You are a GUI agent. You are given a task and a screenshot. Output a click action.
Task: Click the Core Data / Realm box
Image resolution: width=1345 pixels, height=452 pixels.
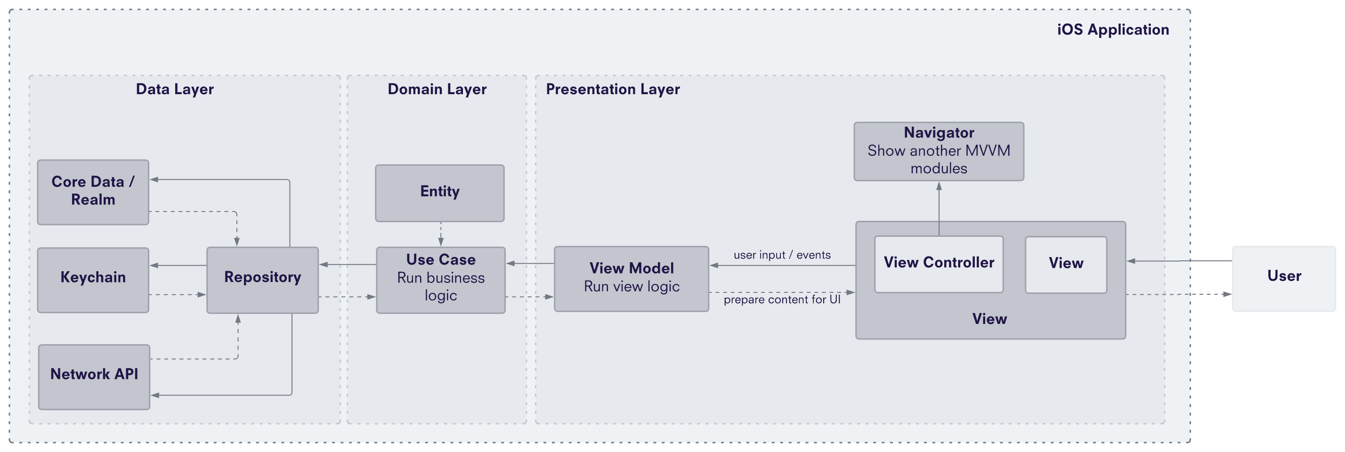(93, 192)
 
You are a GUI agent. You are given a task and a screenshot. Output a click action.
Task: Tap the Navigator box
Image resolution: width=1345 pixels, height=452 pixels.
(938, 151)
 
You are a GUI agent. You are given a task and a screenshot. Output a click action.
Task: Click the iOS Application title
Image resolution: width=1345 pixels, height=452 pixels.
(1113, 30)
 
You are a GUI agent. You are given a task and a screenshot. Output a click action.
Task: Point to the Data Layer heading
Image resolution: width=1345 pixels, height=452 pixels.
(174, 89)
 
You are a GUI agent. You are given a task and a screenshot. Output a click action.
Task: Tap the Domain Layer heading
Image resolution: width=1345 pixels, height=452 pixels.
(437, 89)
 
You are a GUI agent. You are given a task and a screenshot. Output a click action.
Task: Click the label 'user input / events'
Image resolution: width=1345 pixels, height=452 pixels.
(782, 255)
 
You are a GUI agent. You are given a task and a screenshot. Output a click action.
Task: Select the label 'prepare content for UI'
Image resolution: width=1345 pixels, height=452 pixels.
(782, 299)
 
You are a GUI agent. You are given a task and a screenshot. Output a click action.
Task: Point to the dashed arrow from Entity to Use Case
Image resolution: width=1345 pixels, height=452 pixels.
(441, 234)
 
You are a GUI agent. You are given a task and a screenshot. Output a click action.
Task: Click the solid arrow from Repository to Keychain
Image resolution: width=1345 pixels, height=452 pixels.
(178, 265)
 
